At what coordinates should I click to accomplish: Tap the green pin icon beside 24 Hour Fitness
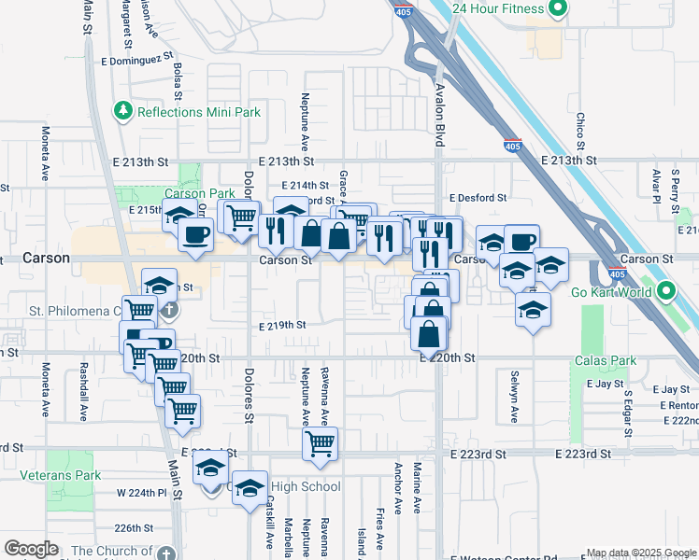[559, 9]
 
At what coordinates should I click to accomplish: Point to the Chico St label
[580, 132]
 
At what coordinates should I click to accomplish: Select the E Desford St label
[477, 198]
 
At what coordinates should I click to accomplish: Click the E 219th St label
[282, 325]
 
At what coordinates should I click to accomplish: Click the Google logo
[31, 549]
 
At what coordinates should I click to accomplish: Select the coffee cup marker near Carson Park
[195, 235]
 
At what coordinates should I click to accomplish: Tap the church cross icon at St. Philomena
[169, 309]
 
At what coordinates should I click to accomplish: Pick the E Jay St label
[605, 384]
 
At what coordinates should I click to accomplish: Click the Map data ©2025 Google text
[641, 553]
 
